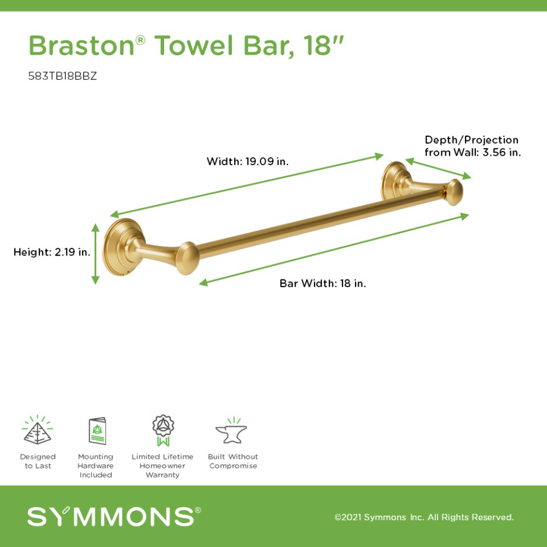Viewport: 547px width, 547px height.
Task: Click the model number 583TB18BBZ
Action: [x=62, y=76]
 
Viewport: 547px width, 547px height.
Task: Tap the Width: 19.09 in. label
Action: [x=248, y=161]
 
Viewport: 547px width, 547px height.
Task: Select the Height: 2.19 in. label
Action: [x=52, y=252]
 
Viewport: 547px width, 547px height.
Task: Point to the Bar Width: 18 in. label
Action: [x=323, y=283]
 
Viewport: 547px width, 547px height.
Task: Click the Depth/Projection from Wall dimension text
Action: [x=473, y=146]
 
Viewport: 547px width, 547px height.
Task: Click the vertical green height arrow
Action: [x=95, y=254]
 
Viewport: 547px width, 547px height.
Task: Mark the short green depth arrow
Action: [x=438, y=169]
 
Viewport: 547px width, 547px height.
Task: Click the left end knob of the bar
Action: [x=187, y=258]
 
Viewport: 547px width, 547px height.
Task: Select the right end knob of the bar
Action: [x=455, y=193]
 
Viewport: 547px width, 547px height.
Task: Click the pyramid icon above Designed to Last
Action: [x=37, y=430]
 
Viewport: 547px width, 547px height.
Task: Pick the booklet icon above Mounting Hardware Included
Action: [x=97, y=431]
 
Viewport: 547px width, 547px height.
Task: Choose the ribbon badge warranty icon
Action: [x=163, y=430]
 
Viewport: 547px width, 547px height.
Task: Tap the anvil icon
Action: [x=231, y=430]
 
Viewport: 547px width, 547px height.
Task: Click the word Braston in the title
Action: [x=82, y=45]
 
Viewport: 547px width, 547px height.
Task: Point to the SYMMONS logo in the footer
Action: [x=114, y=516]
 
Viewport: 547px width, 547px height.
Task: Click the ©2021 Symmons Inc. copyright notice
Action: [x=424, y=517]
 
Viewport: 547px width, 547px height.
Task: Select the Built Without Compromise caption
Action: [x=233, y=461]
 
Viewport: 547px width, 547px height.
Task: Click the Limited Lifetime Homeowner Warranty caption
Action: [x=162, y=465]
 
